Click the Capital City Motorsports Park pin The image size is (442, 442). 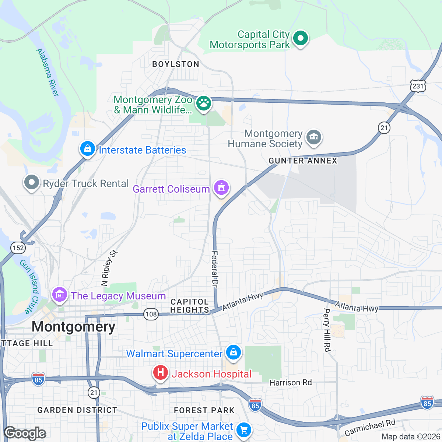click(301, 38)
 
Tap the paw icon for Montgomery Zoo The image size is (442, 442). click(203, 104)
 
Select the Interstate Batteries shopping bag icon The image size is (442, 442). click(88, 149)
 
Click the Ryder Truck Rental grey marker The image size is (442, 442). click(32, 182)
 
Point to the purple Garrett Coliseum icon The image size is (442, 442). click(221, 188)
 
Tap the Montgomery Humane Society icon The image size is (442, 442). click(313, 138)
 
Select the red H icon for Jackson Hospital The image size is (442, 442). click(161, 373)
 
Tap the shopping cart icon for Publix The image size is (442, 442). click(243, 430)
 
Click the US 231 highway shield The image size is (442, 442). click(418, 87)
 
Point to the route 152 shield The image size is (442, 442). click(18, 248)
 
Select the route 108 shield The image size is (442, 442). click(151, 314)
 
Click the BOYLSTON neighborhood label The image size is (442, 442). click(176, 64)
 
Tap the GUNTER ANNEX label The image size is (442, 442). click(303, 161)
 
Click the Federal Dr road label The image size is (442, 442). click(215, 269)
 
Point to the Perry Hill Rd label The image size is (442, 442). click(327, 330)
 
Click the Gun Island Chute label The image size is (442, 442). click(29, 286)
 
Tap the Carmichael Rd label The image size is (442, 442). click(370, 427)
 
